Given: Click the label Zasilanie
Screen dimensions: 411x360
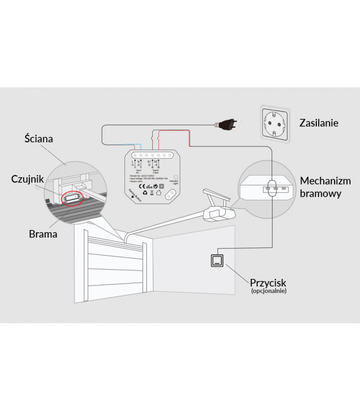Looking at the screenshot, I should (x=320, y=123).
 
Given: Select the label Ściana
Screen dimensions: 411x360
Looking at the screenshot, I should (x=39, y=139).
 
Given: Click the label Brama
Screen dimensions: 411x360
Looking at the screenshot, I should (x=43, y=234).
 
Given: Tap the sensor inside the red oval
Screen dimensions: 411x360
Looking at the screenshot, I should (x=71, y=198).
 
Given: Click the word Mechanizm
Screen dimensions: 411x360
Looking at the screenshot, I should (x=325, y=181).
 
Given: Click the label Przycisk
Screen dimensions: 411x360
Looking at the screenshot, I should (x=268, y=283).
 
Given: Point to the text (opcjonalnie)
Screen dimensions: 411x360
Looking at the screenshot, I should (x=268, y=291).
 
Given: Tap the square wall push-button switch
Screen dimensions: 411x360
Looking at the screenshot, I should (x=218, y=262).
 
